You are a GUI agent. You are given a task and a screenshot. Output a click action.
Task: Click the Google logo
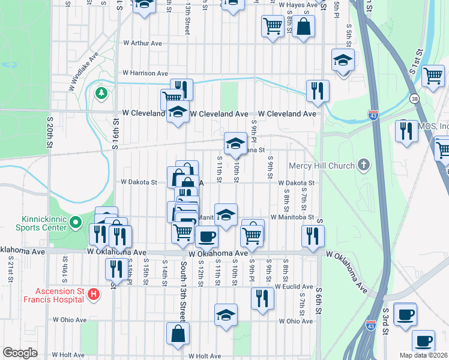pyautogui.click(x=20, y=353)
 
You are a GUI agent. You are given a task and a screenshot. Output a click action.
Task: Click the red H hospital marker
pyautogui.click(x=93, y=295)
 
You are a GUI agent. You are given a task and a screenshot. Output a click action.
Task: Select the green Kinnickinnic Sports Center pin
pyautogui.click(x=76, y=223)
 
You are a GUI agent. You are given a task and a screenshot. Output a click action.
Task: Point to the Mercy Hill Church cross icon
pyautogui.click(x=363, y=164)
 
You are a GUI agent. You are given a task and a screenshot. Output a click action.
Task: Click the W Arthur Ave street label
pyautogui.click(x=143, y=43)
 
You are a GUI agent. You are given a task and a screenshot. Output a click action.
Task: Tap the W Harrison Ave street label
pyautogui.click(x=145, y=73)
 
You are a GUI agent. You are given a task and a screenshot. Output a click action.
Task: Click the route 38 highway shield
pyautogui.click(x=415, y=98)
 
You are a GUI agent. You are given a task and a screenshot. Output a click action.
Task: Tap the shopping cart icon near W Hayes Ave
pyautogui.click(x=273, y=26)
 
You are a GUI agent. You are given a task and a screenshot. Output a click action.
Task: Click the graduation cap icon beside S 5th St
pyautogui.click(x=343, y=60)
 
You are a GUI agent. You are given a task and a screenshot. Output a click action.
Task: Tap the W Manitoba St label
pyautogui.click(x=292, y=217)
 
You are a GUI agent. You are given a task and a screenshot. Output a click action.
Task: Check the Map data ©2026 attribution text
pyautogui.click(x=423, y=355)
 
